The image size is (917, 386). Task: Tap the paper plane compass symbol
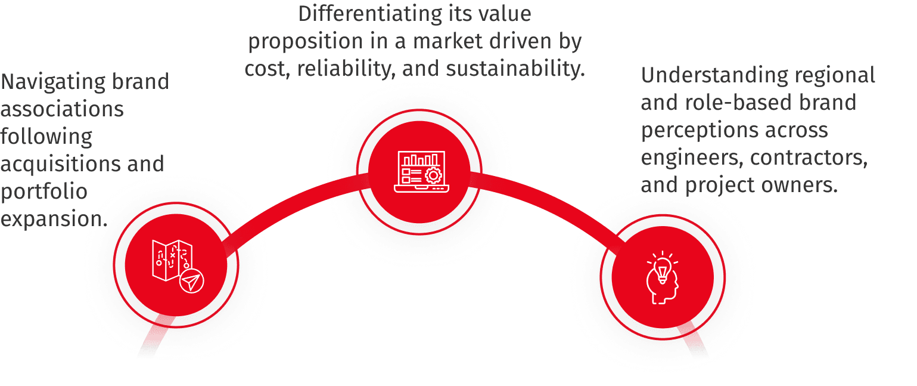191,280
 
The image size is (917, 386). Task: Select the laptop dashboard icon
419,171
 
